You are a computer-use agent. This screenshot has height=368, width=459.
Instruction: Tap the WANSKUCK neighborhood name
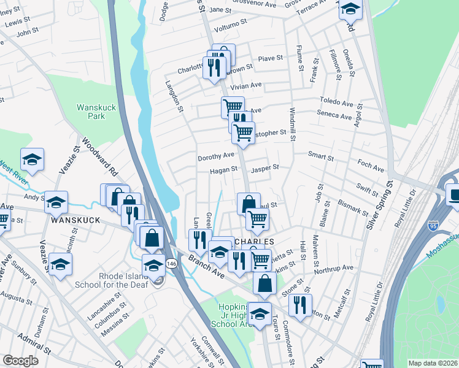(75, 220)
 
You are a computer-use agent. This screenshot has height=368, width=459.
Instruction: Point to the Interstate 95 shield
(433, 224)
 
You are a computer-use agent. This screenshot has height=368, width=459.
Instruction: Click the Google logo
(21, 361)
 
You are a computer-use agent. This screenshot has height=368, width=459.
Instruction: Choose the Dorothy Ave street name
(216, 157)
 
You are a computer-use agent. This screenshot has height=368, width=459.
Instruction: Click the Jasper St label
(266, 167)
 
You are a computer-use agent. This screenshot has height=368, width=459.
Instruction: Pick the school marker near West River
(32, 159)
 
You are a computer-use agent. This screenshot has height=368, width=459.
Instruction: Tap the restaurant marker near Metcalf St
(300, 304)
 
